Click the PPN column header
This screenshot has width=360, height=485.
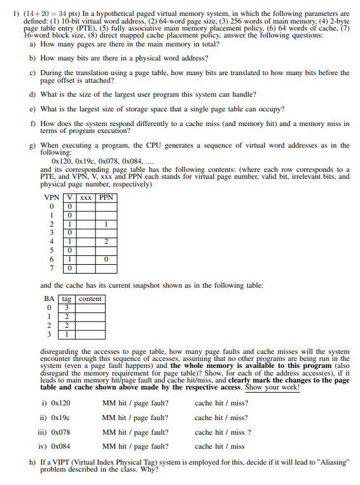click(107, 197)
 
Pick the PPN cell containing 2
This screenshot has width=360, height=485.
click(107, 242)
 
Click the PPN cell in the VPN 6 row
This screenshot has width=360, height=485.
click(107, 260)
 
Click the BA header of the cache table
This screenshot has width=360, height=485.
click(49, 299)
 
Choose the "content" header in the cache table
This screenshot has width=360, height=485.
click(90, 299)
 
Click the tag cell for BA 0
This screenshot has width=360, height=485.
click(66, 307)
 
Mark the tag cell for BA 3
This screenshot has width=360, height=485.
click(66, 334)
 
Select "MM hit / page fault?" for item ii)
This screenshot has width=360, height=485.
click(135, 418)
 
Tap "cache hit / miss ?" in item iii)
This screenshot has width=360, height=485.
click(223, 433)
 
